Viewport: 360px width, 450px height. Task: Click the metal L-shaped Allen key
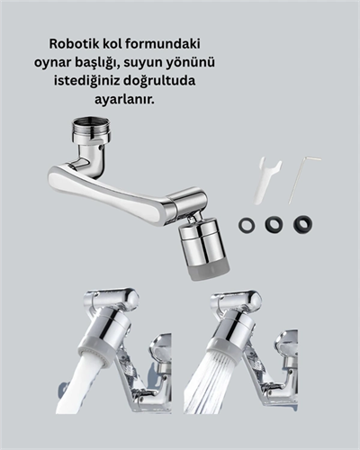[304, 177]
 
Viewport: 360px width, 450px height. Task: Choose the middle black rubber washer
[274, 223]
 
